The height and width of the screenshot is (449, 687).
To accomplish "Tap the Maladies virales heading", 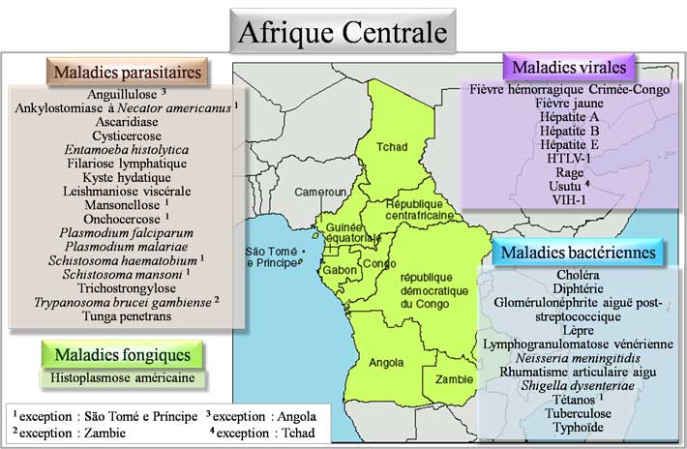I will pyautogui.click(x=570, y=67).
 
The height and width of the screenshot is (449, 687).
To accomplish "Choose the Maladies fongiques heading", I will pyautogui.click(x=122, y=353).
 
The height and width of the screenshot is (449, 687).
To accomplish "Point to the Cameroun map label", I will pyautogui.click(x=320, y=192).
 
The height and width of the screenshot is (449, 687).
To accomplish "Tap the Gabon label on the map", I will pyautogui.click(x=339, y=270).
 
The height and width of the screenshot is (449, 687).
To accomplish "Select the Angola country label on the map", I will pyautogui.click(x=386, y=362).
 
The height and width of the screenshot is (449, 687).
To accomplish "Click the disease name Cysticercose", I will pyautogui.click(x=121, y=136).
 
